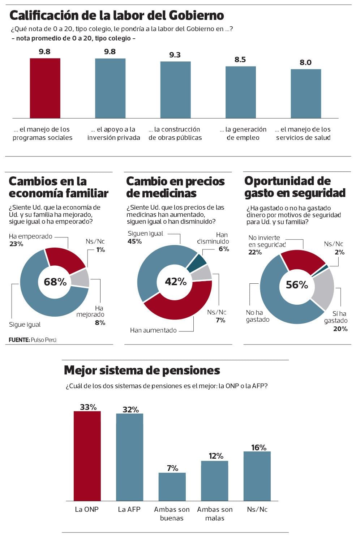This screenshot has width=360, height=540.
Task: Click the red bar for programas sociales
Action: [45, 88]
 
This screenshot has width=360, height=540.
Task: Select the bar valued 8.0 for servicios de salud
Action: [306, 94]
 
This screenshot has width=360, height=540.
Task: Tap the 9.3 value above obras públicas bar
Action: [175, 55]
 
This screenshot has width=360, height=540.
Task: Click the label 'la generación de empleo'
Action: [243, 133]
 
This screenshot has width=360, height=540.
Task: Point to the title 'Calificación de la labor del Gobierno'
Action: [116, 16]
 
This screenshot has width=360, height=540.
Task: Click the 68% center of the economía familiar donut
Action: [55, 282]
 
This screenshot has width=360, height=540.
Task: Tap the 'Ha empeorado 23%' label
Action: [30, 240]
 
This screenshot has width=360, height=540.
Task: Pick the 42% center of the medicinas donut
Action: [176, 282]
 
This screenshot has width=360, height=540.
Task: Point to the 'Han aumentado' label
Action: [153, 330]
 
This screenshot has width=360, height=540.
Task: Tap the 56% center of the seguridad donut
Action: [297, 285]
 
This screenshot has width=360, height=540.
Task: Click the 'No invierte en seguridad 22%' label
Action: [267, 245]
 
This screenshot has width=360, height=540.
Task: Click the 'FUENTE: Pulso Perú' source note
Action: [33, 340]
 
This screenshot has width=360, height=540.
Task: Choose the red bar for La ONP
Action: [87, 456]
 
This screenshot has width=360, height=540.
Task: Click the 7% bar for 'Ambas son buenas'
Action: [172, 487]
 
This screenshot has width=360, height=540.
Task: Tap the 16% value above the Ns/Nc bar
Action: [258, 447]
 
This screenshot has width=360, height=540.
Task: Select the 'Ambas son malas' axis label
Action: [215, 514]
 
